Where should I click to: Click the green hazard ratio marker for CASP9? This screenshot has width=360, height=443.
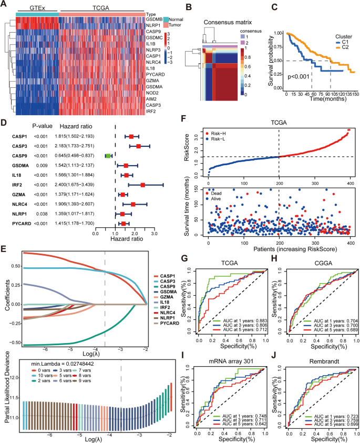pos(108,156)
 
